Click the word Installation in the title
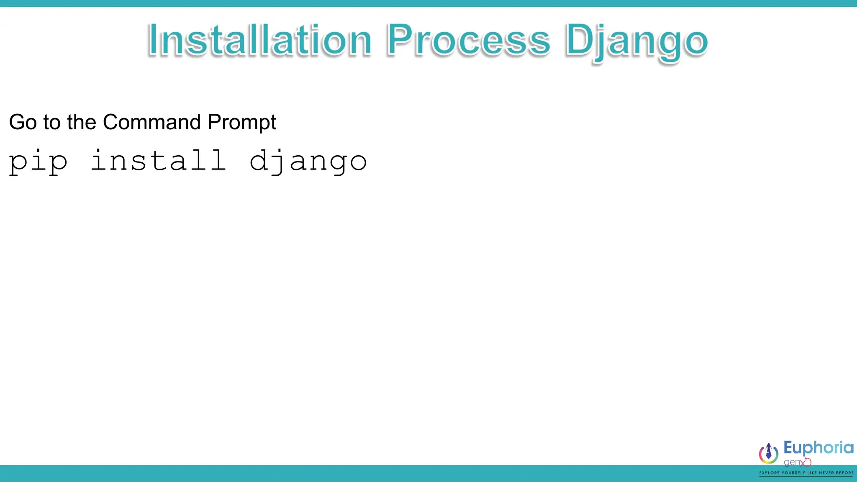[x=259, y=40]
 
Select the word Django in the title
[x=636, y=41]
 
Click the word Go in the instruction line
[x=23, y=122]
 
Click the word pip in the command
[x=38, y=162]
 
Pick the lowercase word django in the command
[x=308, y=162]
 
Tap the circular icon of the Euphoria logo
[x=769, y=453]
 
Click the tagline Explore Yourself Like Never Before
[x=806, y=473]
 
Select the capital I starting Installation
[x=153, y=40]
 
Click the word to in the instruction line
[x=52, y=123]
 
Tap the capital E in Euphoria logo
[x=788, y=447]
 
